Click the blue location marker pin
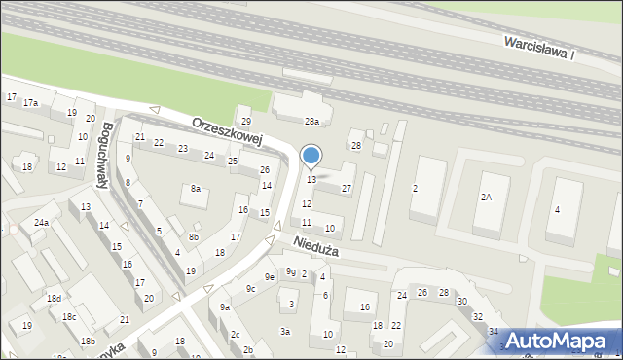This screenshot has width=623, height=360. pyautogui.click(x=311, y=156)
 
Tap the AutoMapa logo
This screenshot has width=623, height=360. pyautogui.click(x=562, y=341)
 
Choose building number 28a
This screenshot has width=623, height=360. pyautogui.click(x=311, y=122)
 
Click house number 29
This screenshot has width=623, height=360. pyautogui.click(x=246, y=122)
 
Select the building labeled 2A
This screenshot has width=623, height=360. pyautogui.click(x=486, y=197)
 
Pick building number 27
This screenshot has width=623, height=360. pyautogui.click(x=346, y=187)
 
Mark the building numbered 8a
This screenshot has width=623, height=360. pyautogui.click(x=196, y=189)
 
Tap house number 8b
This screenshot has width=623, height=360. pyautogui.click(x=194, y=236)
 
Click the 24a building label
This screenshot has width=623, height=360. pyautogui.click(x=41, y=223)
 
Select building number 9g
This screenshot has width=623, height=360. pyautogui.click(x=290, y=271)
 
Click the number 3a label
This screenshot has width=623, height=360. pyautogui.click(x=285, y=331)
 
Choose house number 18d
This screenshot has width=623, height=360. pyautogui.click(x=55, y=298)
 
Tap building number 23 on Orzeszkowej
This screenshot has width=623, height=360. pyautogui.click(x=183, y=148)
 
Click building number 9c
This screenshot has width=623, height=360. pyautogui.click(x=250, y=288)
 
